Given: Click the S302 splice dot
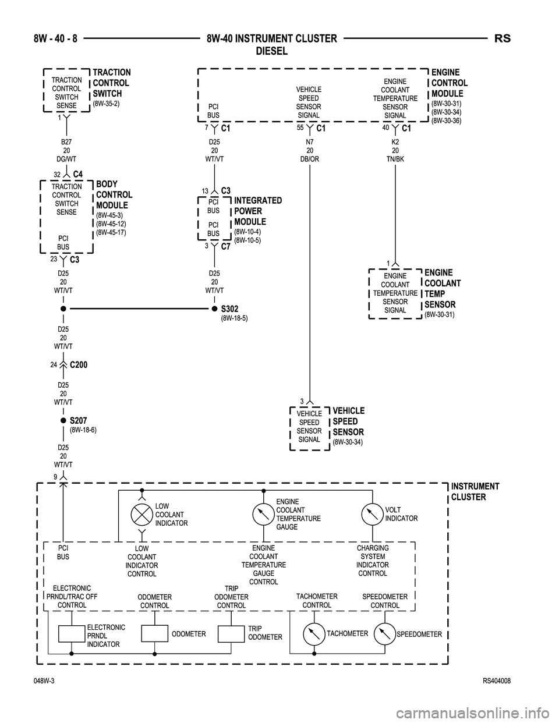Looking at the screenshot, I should coord(215,309).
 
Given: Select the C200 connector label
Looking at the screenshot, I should coord(79,365).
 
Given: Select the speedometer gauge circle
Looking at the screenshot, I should coord(384,634).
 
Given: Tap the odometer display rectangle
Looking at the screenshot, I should coord(155,634).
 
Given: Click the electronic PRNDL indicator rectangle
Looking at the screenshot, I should coord(72,634).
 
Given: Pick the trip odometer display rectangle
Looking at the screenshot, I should coord(231,634).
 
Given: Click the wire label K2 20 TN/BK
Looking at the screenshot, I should coord(395,150).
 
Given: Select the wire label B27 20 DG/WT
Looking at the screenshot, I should coord(66,150).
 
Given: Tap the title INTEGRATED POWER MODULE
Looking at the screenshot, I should coord(258,211).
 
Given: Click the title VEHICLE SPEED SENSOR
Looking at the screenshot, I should coord(348,421).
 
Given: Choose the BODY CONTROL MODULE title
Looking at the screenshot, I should coord(114,194).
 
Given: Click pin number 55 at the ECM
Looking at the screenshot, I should coord(300,127).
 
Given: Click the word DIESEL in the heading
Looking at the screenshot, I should coord(272,51).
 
